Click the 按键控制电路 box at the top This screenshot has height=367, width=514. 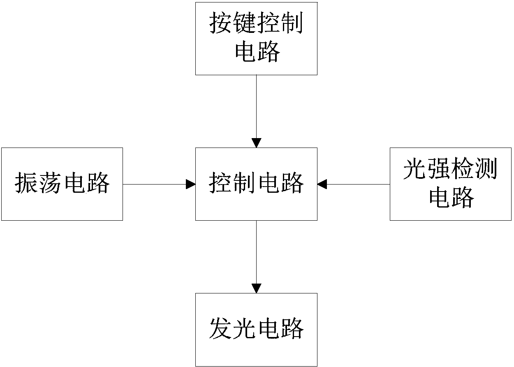[256, 39]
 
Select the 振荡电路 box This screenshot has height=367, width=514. [62, 184]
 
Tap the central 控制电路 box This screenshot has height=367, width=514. [256, 184]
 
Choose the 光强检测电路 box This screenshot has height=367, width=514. [451, 184]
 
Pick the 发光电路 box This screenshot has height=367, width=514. [256, 330]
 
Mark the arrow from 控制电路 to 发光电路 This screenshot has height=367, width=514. [256, 255]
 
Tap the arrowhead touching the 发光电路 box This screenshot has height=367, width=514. [256, 288]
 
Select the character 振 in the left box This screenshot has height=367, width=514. [27, 184]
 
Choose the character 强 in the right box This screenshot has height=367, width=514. [439, 169]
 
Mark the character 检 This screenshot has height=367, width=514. [463, 169]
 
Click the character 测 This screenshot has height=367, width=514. [486, 169]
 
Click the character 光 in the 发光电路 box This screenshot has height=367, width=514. [245, 329]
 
